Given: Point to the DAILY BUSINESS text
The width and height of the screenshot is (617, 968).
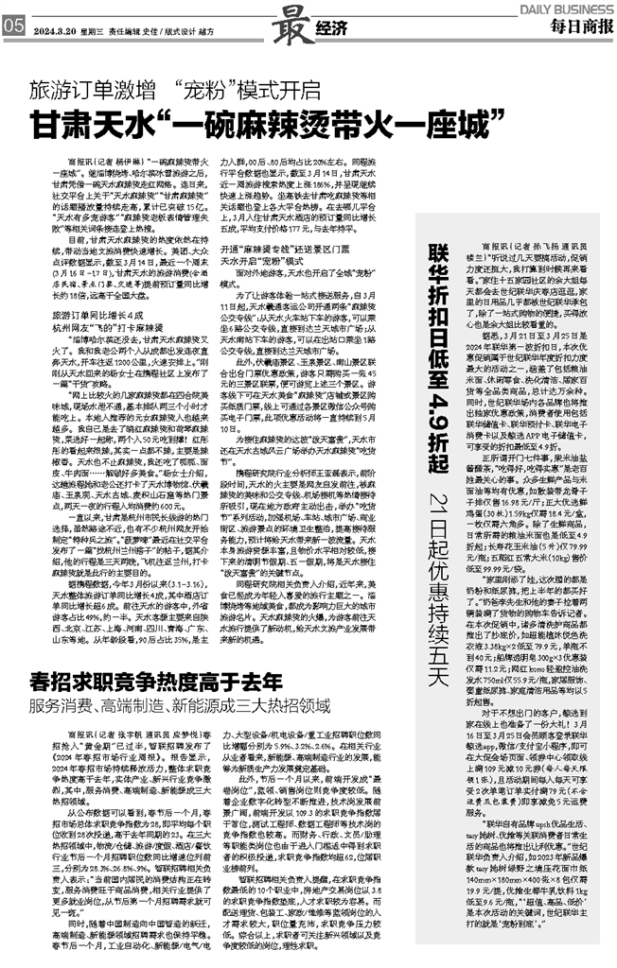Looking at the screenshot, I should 566,8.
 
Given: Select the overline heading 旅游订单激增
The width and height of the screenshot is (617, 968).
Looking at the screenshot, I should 91,93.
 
